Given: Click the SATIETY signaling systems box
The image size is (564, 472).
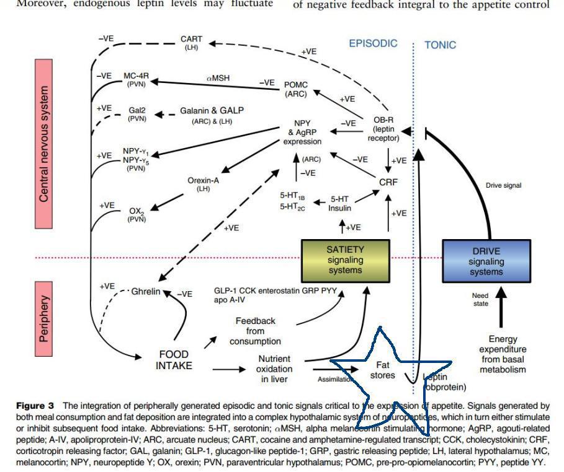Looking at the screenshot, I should coord(346,260).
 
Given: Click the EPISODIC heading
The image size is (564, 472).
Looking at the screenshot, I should coord(373,44).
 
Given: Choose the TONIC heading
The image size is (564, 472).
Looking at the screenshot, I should coord(440,45).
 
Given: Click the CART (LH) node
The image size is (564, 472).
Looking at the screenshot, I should coord(191,43).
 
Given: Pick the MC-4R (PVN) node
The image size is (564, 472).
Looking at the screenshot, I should coord(136,79).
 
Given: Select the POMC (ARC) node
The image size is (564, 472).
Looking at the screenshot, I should coord(295,89).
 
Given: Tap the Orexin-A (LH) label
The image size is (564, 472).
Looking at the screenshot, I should coord(204,184).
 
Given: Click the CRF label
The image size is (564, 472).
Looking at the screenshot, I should coord(388,182).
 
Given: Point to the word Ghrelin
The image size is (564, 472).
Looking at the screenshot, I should coord(146,291).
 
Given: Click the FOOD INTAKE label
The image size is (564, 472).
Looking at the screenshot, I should coord(174,360).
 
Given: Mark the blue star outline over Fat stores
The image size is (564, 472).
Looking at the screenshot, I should coord(391,365).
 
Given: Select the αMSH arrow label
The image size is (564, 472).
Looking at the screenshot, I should coord(218,78).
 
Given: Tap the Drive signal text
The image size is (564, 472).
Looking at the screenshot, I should coord(503,185).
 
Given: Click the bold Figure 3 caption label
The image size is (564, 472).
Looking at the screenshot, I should coord(35,406).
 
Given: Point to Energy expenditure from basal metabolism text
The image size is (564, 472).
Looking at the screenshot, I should coord(503,354).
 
